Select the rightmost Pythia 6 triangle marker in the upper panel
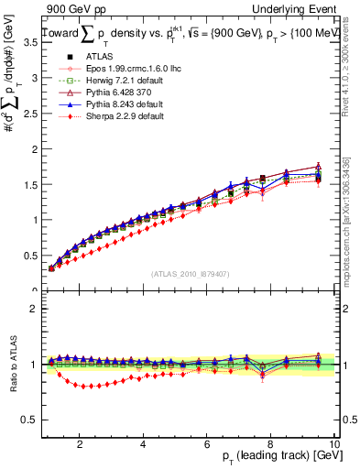pos(318,167)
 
